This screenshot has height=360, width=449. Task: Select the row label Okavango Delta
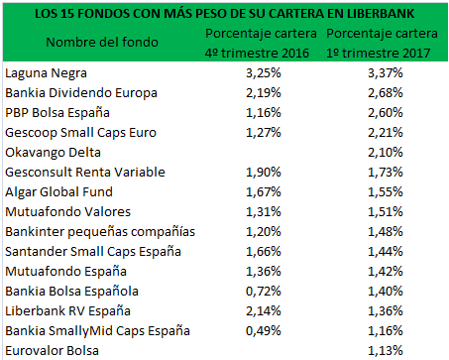pos(52,152)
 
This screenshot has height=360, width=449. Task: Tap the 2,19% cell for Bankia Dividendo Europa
pos(260,93)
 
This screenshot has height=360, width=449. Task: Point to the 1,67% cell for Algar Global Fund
pos(260,191)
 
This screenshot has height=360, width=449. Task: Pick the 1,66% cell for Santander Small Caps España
pos(260,251)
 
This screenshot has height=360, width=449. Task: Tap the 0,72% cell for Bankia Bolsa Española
pos(260,291)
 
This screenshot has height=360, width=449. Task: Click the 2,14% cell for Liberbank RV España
pos(260,310)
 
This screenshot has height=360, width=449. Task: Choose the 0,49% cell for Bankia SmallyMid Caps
pos(260,330)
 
